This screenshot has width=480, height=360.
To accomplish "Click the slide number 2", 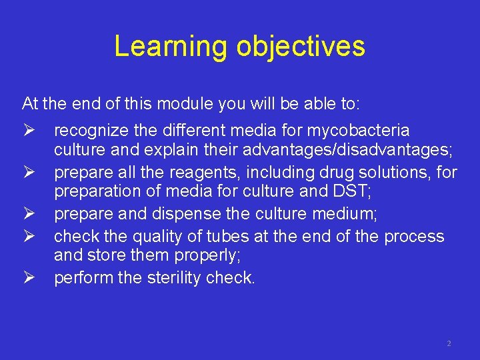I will (x=449, y=343).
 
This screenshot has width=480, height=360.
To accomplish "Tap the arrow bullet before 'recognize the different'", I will (x=28, y=130).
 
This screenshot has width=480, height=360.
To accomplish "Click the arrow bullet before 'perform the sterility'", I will (x=28, y=278).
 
